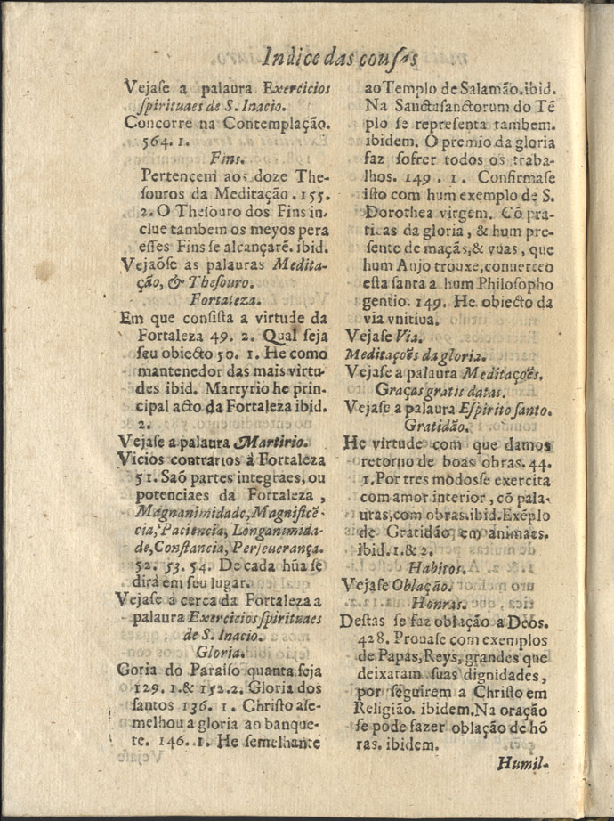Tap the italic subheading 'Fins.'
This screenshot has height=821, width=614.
229,157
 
